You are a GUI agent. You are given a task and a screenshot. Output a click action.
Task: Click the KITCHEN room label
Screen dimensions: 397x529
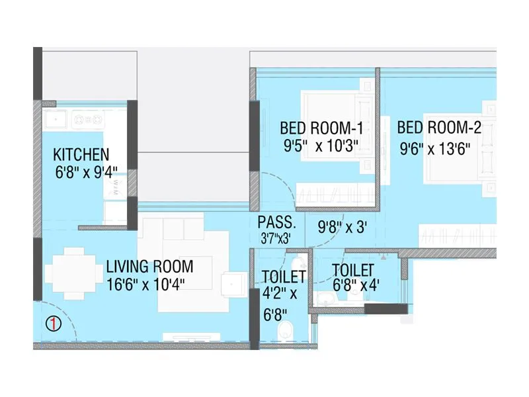tap(81, 155)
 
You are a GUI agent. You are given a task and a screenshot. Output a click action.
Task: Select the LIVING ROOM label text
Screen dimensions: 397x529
tap(149, 267)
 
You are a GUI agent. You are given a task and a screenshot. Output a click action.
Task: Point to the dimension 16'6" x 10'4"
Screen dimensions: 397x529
tap(145, 284)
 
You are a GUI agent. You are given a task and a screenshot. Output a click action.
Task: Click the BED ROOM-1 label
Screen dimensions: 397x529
tap(321, 128)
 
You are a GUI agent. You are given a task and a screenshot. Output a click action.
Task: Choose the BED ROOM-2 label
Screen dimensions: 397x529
tap(439, 128)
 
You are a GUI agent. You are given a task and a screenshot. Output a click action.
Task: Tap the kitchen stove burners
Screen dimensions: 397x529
tap(88, 120)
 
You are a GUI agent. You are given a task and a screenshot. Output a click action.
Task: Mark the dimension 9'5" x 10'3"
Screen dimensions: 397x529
tap(320, 146)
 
